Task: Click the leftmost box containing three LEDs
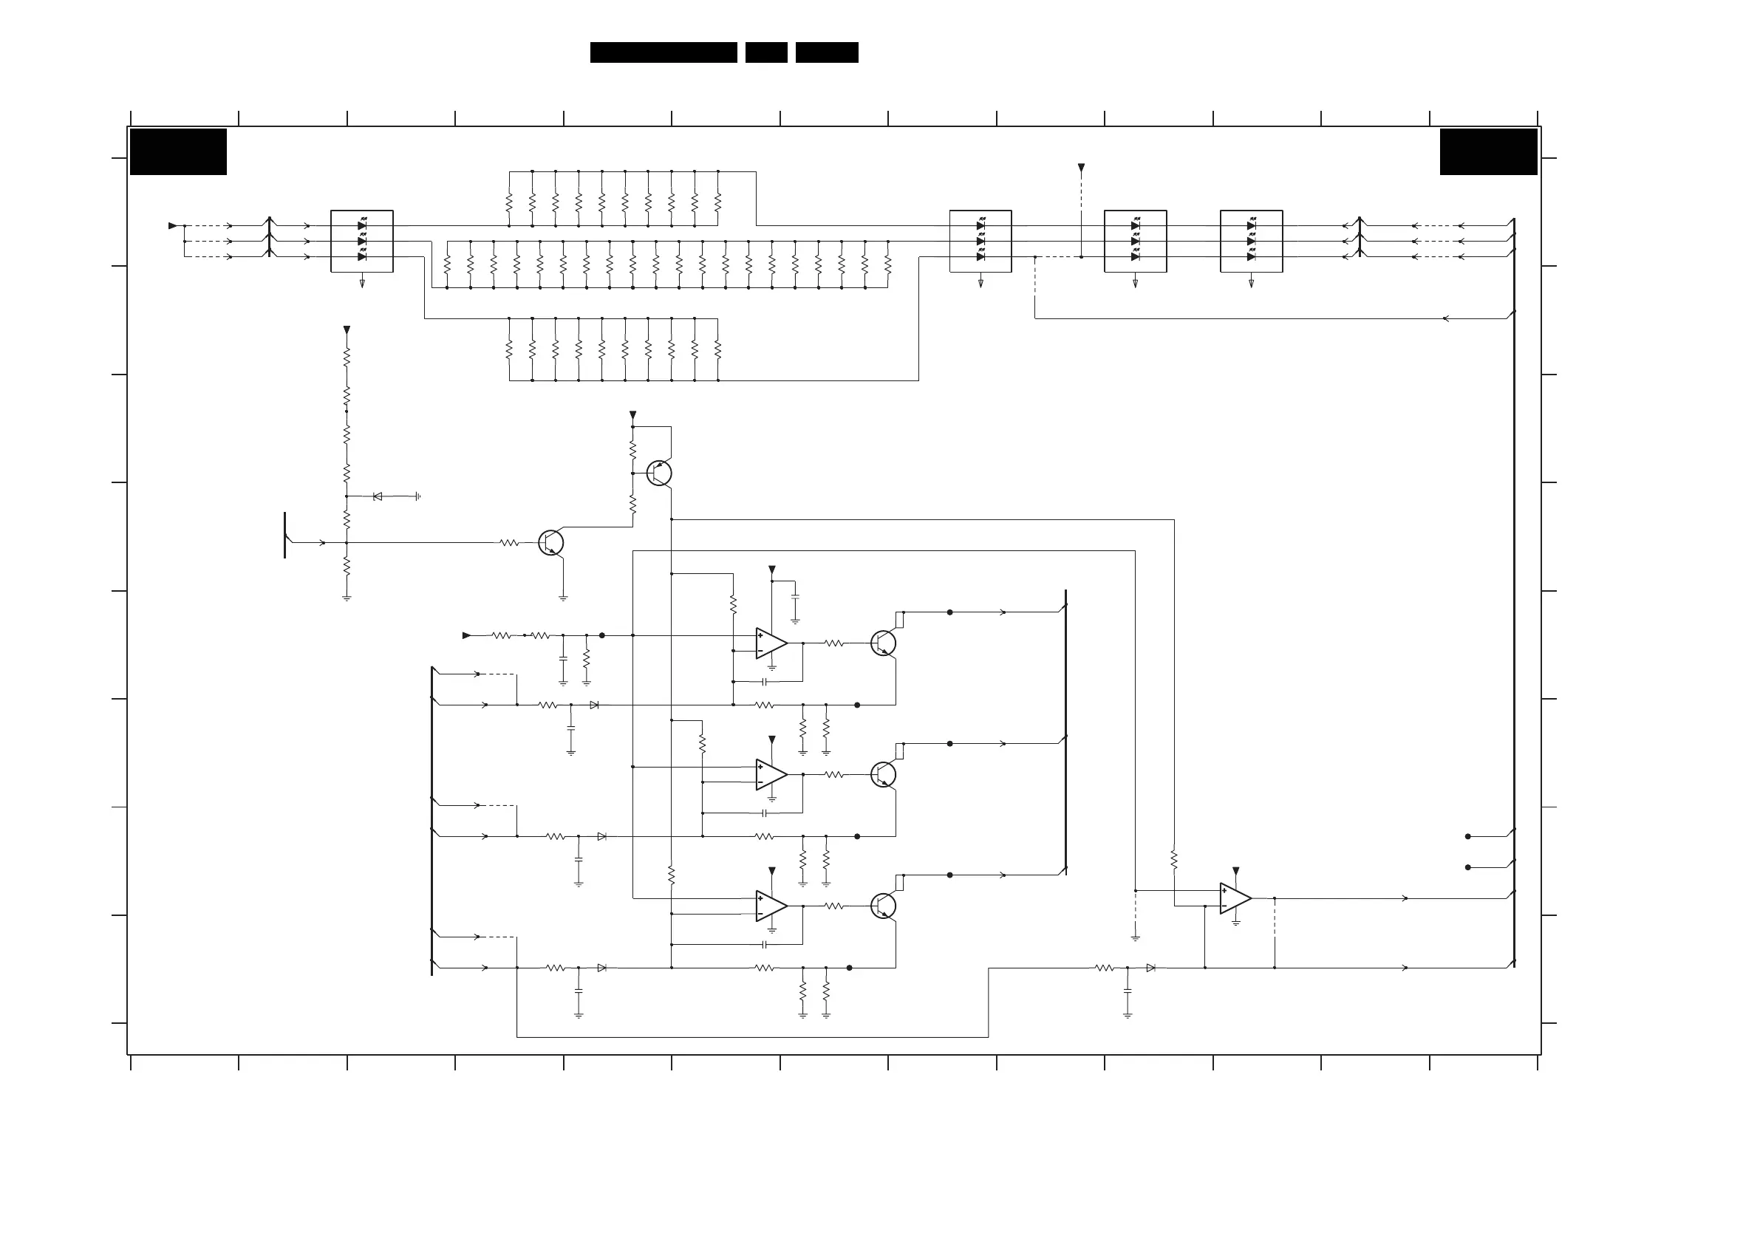tap(362, 241)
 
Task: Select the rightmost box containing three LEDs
tap(1251, 241)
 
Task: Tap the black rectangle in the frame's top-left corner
tap(179, 151)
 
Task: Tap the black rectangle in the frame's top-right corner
tap(1488, 151)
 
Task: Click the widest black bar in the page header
tap(663, 52)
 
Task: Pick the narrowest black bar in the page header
tap(765, 52)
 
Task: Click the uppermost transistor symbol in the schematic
tap(659, 473)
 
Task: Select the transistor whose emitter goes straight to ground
tap(551, 543)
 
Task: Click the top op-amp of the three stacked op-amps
tap(771, 643)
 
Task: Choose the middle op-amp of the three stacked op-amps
tap(771, 774)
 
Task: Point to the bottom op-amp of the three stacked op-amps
tap(771, 906)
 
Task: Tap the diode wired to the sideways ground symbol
tap(377, 496)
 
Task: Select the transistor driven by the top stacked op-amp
tap(884, 643)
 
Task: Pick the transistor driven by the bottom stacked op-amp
tap(884, 906)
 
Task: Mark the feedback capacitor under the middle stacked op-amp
tap(764, 813)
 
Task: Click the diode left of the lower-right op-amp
tap(1150, 968)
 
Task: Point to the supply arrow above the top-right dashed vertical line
tap(1081, 167)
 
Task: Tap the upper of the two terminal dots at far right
tap(1468, 836)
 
